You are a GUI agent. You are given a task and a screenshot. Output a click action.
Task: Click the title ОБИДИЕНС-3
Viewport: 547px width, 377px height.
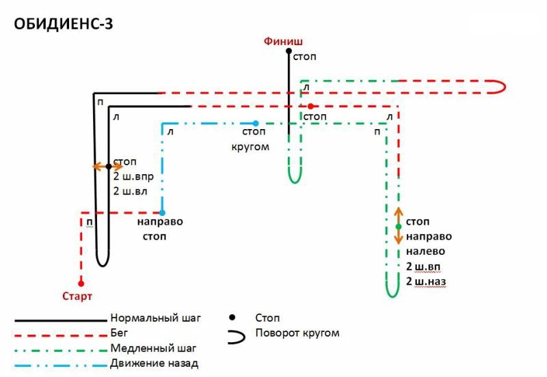(x=64, y=24)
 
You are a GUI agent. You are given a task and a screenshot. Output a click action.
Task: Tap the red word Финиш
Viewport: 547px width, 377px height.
(x=283, y=40)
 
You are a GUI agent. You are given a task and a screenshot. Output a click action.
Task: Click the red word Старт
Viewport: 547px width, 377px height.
(x=77, y=296)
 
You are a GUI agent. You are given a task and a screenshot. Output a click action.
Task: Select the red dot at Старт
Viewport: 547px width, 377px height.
(x=81, y=283)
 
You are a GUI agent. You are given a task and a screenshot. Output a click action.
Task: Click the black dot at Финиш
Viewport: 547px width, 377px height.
(x=289, y=51)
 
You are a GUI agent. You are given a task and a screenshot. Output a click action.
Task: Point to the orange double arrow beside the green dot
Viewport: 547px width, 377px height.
(x=399, y=226)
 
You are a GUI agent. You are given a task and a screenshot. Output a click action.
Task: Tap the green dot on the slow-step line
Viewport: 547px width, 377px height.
(x=399, y=227)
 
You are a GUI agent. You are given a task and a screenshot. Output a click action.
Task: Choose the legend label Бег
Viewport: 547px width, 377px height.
(x=119, y=333)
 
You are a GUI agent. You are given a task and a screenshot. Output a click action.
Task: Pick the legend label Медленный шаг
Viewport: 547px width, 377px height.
(x=152, y=348)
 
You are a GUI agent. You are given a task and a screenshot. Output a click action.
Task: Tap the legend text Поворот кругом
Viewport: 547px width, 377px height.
(x=297, y=333)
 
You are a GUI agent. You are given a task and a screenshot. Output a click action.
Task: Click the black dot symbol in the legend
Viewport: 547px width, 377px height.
(x=233, y=318)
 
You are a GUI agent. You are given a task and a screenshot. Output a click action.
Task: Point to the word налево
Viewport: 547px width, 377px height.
(x=425, y=251)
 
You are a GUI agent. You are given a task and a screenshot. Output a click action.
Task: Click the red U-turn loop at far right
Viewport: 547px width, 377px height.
(x=498, y=86)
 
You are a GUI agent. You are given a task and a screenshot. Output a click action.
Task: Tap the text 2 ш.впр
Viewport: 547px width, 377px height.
(x=138, y=177)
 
